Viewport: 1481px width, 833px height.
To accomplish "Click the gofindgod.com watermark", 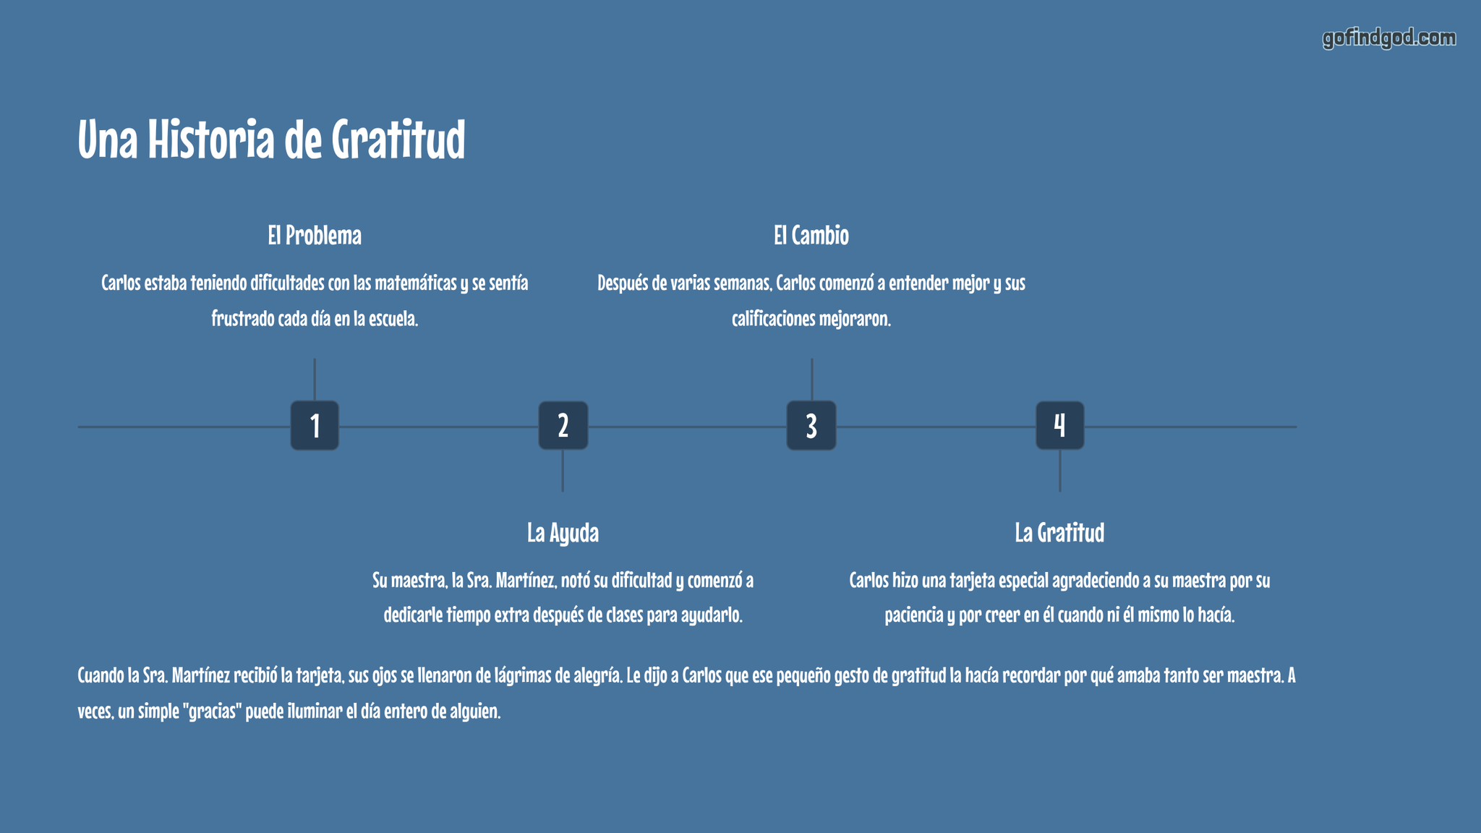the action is [x=1389, y=38].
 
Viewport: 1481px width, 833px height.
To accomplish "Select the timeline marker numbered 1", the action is [x=315, y=426].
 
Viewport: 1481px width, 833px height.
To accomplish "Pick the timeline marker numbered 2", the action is [x=563, y=426].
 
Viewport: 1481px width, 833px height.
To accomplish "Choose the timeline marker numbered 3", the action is [x=811, y=426].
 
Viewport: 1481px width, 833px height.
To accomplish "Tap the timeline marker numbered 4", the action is [x=1059, y=426].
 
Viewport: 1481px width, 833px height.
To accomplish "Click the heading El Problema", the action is [x=315, y=236].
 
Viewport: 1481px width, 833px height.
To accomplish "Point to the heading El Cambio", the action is [x=811, y=236].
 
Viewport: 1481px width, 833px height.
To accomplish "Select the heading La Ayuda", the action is [x=563, y=534].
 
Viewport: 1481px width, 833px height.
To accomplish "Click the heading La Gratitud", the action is [x=1059, y=534].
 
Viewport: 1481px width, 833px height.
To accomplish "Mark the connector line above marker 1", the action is [x=315, y=380].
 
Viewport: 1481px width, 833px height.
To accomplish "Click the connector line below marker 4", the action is [x=1060, y=471].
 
